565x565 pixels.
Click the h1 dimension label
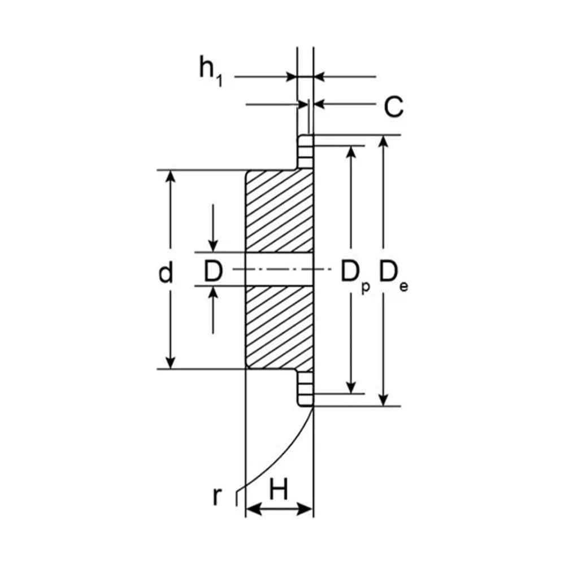click(x=211, y=72)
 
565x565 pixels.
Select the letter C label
click(x=393, y=107)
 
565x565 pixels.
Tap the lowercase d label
click(x=166, y=272)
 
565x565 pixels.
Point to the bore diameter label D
click(x=213, y=271)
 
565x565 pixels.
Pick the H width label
click(x=279, y=489)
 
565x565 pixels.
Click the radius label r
click(x=216, y=496)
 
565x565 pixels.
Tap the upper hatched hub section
click(x=279, y=211)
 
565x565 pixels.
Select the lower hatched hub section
click(x=279, y=327)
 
